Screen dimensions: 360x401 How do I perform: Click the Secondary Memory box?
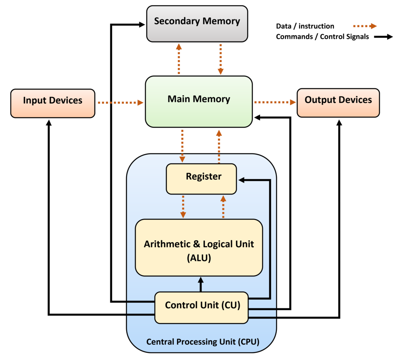(x=197, y=23)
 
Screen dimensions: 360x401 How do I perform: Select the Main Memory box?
(x=199, y=102)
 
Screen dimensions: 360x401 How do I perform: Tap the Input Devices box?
(x=52, y=103)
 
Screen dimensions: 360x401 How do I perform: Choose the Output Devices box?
(x=338, y=103)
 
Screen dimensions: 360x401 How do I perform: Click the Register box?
(x=201, y=179)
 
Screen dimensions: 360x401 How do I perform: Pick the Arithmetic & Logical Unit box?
(x=199, y=247)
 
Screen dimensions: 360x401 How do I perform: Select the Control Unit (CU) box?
(x=202, y=308)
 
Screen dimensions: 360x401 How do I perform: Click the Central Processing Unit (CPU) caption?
(x=202, y=342)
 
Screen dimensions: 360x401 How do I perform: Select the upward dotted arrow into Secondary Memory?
(x=179, y=59)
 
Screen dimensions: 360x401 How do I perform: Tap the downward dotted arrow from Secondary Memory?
(x=220, y=59)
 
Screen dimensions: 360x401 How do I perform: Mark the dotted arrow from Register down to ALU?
(x=183, y=207)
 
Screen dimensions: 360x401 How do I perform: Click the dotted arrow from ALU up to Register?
(x=223, y=207)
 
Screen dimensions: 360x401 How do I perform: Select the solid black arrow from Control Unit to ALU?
(x=201, y=284)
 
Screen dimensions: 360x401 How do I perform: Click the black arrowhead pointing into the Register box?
(x=242, y=180)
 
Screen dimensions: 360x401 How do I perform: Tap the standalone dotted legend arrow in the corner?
(x=365, y=26)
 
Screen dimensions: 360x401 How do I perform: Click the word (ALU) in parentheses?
(x=199, y=258)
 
